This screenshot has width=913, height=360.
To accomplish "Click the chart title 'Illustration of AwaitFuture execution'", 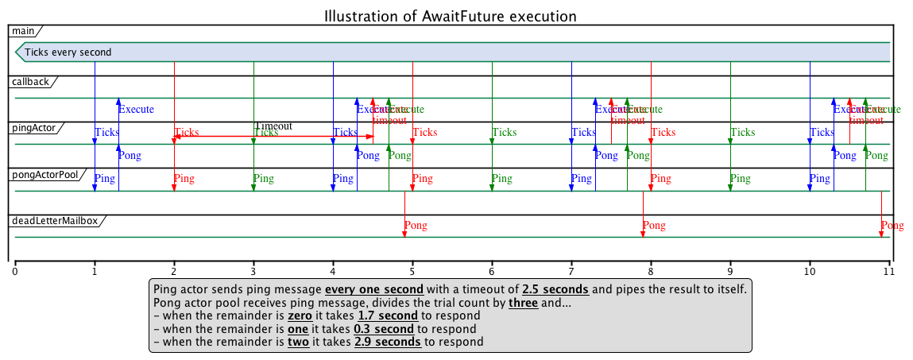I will click(x=450, y=16).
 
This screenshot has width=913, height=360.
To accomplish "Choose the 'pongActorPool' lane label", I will click(x=44, y=174).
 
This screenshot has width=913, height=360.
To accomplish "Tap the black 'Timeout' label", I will click(x=273, y=126).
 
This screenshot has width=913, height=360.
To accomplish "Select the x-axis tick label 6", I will click(x=492, y=271).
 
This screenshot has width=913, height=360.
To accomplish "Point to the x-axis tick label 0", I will click(x=15, y=271).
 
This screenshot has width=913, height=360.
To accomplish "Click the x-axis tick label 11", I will click(x=888, y=271).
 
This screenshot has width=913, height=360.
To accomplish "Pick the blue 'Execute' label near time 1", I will click(x=136, y=110).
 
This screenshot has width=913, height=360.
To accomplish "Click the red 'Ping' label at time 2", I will click(x=184, y=179).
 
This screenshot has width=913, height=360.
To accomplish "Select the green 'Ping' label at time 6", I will click(x=501, y=179).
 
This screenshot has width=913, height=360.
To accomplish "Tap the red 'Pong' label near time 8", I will click(x=653, y=226).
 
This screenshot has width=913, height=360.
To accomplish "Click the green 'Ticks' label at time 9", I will click(x=742, y=133).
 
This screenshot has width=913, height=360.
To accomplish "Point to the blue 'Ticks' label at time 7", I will click(x=583, y=133).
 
